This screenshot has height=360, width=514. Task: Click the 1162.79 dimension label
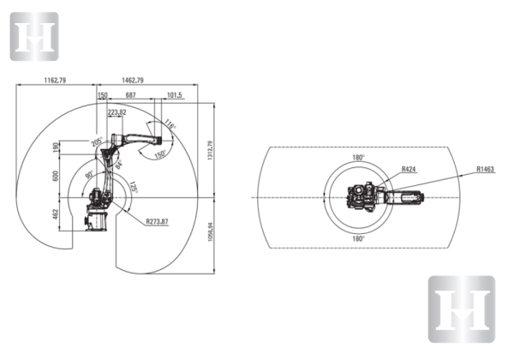coord(54,80)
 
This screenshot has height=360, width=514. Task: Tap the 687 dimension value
coord(130,95)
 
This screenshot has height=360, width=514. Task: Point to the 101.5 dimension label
coord(174,95)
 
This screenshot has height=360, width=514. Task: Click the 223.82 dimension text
coord(117,111)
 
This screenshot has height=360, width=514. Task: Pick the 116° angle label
coord(170,126)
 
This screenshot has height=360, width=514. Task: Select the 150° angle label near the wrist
coord(159,155)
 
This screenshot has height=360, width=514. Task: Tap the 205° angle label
coord(98,141)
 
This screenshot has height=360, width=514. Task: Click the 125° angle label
coord(133,188)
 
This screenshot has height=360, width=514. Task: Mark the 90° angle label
coord(89,175)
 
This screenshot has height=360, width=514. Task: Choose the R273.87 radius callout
coord(157,221)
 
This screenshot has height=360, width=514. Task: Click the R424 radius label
coord(409,170)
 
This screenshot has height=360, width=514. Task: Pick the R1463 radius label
coord(486,170)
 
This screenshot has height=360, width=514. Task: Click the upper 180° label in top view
coord(358,158)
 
